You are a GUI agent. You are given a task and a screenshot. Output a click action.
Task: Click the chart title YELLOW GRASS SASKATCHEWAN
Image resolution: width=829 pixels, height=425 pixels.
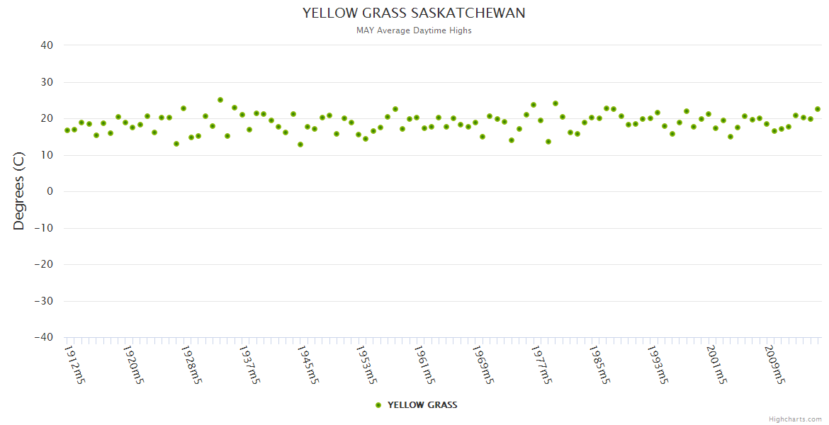tap(414, 13)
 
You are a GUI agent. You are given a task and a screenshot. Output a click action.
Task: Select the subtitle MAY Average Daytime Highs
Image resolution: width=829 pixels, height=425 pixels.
tap(414, 30)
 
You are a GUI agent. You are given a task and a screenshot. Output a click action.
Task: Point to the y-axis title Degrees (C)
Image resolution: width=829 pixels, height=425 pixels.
tap(19, 192)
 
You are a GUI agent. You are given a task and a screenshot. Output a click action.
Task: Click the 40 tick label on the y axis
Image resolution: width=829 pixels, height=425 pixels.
tap(47, 45)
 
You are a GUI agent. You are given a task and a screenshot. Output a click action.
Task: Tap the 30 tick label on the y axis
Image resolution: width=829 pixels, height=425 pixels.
tap(47, 82)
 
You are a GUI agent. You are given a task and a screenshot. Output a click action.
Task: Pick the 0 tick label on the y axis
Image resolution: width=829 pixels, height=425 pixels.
tap(50, 192)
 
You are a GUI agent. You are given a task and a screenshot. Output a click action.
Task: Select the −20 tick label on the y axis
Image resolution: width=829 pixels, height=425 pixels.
tap(43, 265)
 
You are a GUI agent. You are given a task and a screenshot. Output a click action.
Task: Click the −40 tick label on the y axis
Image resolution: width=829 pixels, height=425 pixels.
tap(43, 338)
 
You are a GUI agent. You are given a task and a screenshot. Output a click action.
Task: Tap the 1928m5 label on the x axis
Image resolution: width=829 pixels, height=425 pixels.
tap(192, 364)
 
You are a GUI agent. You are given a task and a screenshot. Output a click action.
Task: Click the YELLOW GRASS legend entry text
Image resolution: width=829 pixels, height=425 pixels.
tap(422, 405)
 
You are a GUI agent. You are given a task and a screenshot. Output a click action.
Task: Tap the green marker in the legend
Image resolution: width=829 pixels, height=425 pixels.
tap(378, 405)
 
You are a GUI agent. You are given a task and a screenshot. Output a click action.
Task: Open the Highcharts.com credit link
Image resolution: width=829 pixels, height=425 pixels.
tap(795, 419)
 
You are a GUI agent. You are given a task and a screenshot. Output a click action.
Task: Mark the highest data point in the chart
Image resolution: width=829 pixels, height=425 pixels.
tap(220, 100)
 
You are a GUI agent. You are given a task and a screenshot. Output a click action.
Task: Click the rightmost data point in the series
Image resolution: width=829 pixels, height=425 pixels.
tap(818, 109)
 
